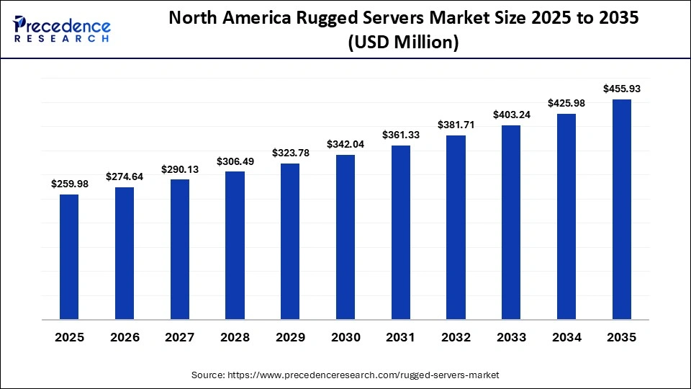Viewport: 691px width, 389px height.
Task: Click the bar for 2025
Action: click(x=69, y=256)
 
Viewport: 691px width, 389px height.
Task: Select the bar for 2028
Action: click(x=235, y=245)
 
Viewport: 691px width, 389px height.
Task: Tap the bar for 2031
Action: click(x=400, y=232)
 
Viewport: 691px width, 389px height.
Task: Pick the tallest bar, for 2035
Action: click(x=621, y=209)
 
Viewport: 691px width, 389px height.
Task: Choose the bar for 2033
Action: click(x=511, y=222)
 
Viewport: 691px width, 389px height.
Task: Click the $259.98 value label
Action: click(x=69, y=184)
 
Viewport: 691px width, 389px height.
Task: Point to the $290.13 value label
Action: click(x=180, y=169)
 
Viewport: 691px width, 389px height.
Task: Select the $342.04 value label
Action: click(x=345, y=144)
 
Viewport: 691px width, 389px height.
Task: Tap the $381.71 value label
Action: click(x=456, y=125)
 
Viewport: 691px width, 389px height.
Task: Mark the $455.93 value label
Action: click(x=621, y=89)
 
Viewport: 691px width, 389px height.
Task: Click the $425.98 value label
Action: click(x=566, y=104)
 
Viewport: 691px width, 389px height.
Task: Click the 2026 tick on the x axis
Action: click(x=125, y=337)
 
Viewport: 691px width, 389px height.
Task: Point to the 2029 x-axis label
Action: click(x=290, y=337)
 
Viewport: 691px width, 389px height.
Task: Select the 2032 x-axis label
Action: click(x=456, y=337)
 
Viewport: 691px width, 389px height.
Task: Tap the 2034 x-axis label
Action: click(x=566, y=337)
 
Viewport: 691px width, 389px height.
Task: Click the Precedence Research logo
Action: click(x=62, y=29)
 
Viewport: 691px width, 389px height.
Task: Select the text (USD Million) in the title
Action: click(x=403, y=43)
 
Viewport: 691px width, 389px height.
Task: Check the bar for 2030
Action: click(x=345, y=237)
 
